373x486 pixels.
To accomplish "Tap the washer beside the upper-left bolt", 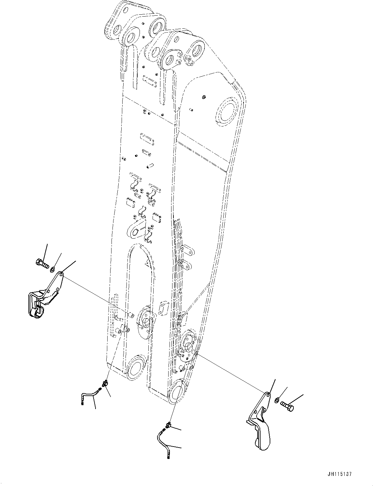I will point(52,269).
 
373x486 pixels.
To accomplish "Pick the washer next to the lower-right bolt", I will point(277,400).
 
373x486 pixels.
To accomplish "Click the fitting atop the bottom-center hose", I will point(168,424).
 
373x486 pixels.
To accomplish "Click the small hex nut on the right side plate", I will point(203,96).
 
